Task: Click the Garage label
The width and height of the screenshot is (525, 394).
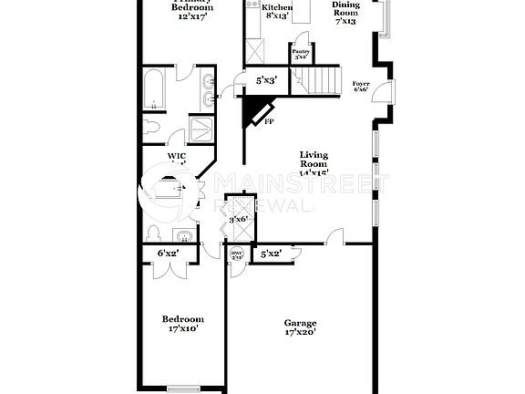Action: [x=300, y=323]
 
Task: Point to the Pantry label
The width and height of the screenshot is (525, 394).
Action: [x=300, y=52]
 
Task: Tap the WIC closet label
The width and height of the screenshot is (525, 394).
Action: [x=177, y=156]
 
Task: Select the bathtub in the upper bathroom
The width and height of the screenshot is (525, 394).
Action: [x=154, y=89]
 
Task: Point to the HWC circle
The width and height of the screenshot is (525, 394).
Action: [x=237, y=255]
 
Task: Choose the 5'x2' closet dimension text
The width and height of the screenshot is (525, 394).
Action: [x=270, y=254]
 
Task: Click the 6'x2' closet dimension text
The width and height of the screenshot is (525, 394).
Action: [x=168, y=253]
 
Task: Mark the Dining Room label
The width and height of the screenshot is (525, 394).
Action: [x=345, y=13]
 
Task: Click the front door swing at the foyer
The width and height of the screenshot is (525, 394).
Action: [x=386, y=92]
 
